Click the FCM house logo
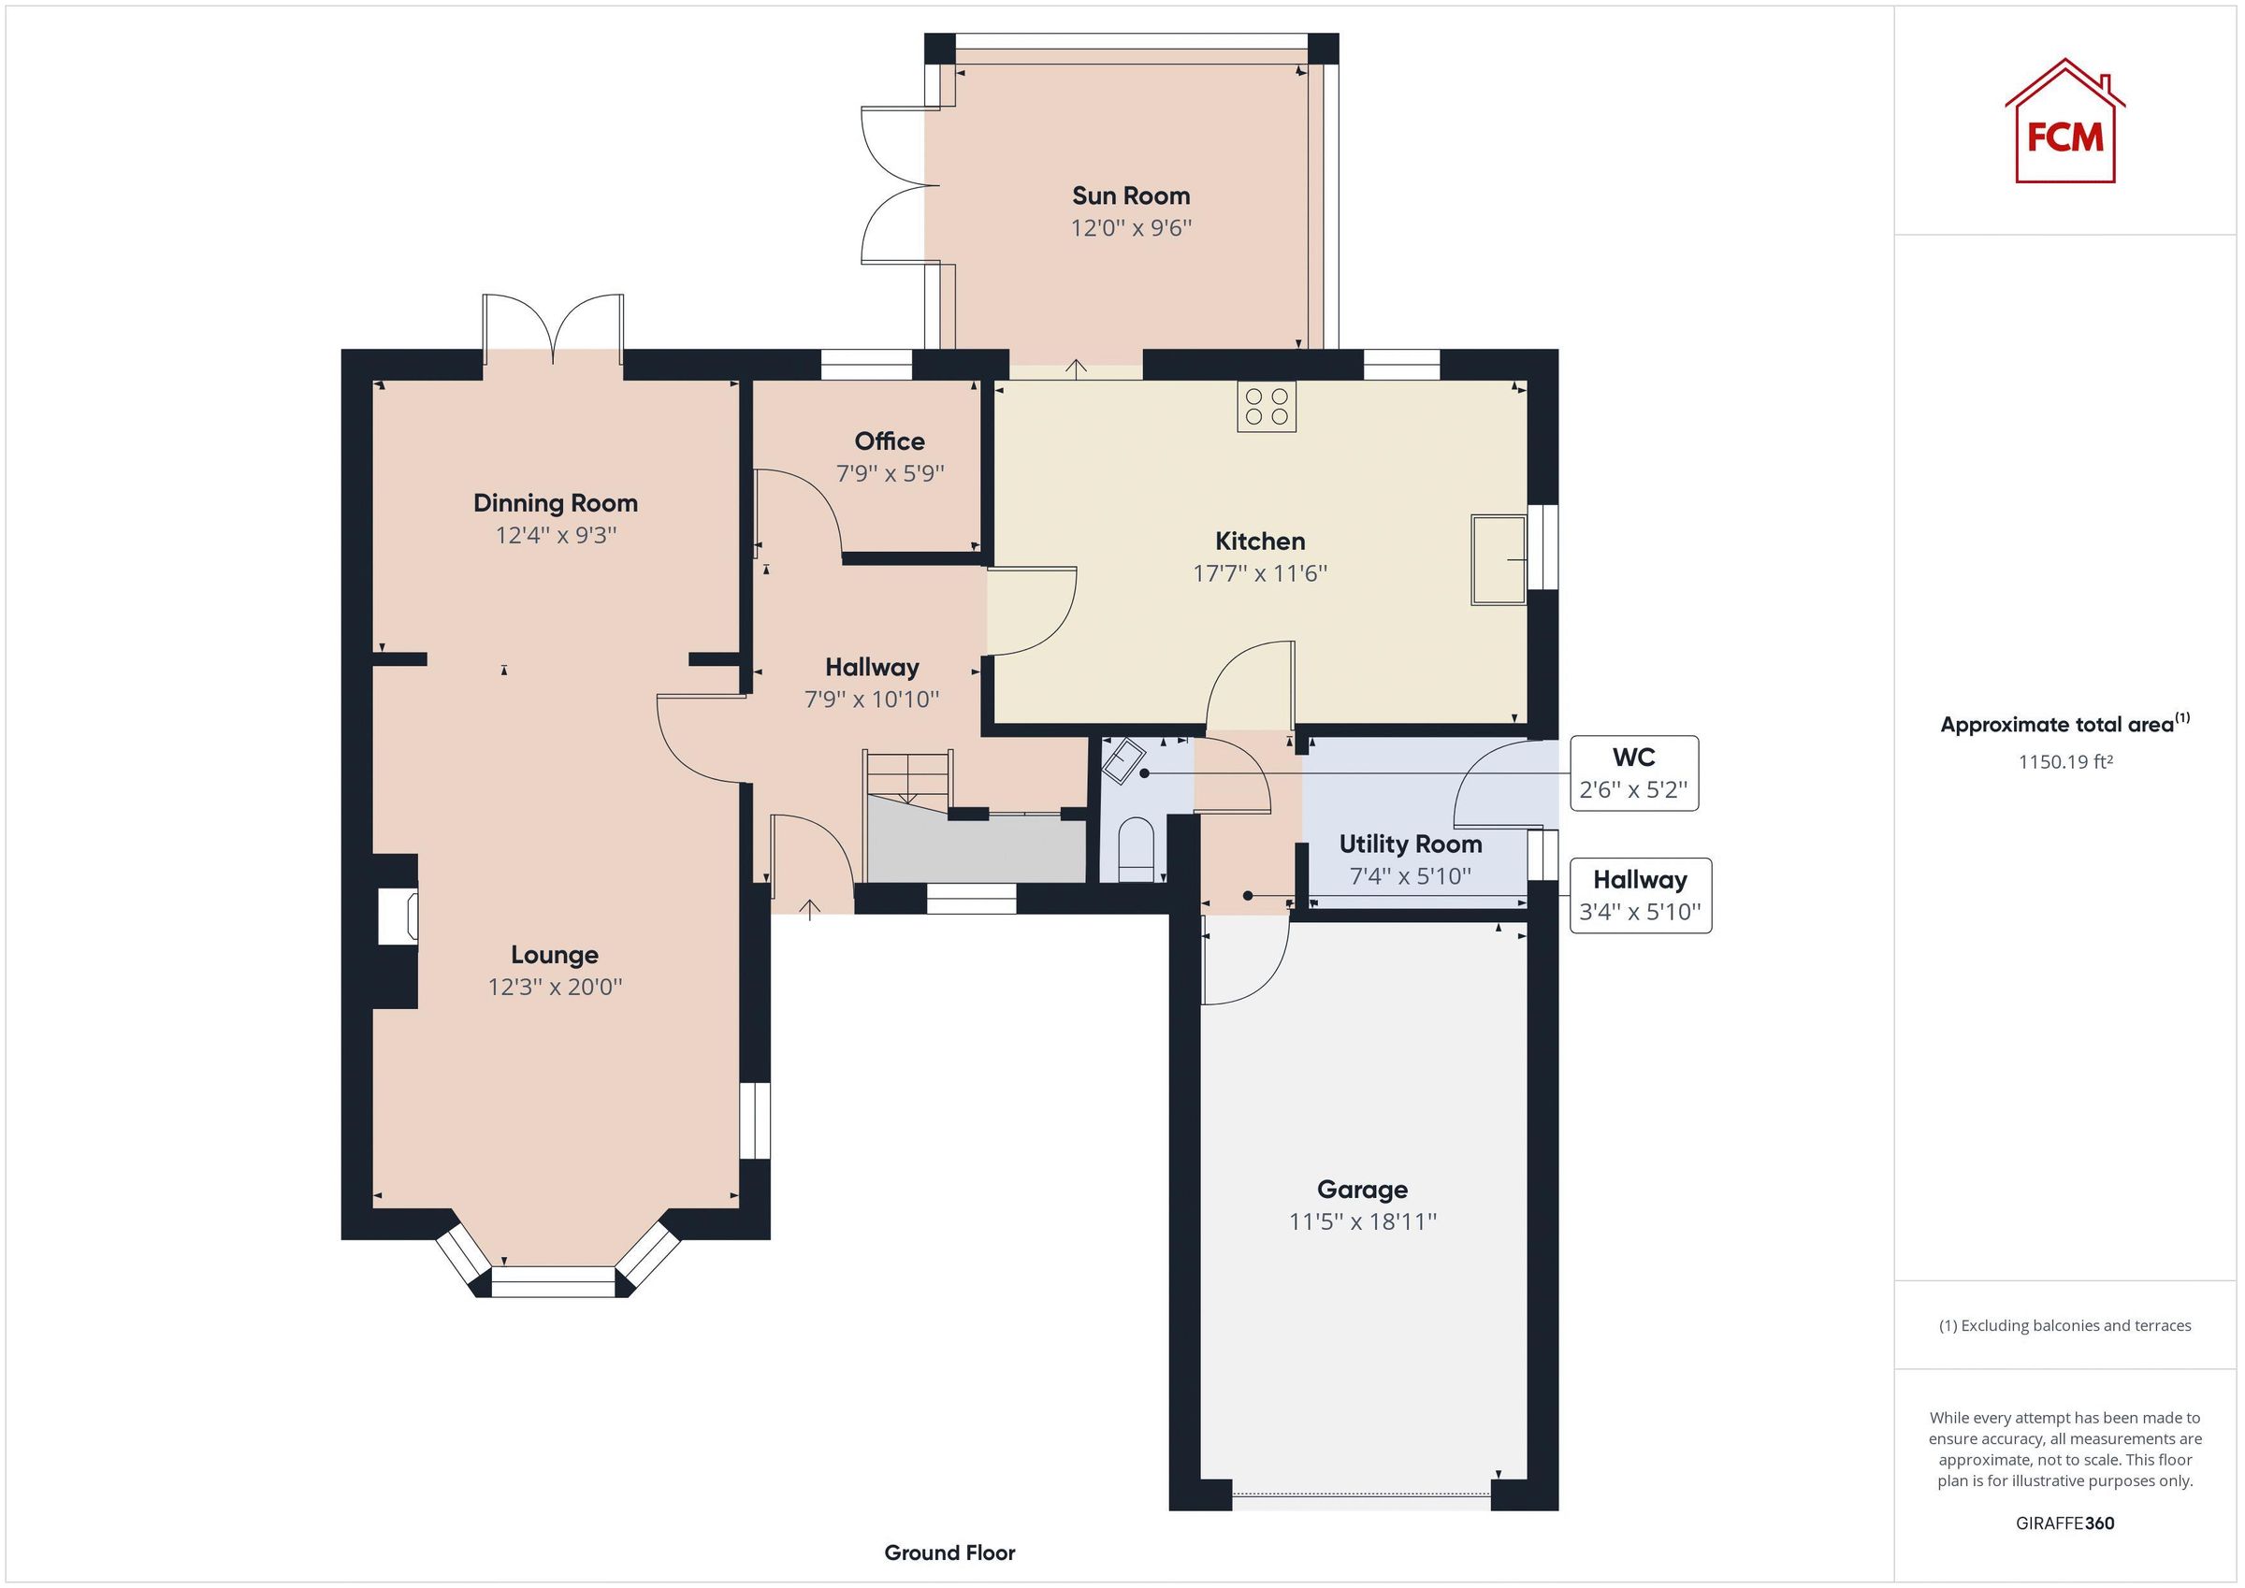point(2064,123)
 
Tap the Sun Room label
point(1130,195)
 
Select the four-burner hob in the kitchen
point(1267,407)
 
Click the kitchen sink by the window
point(1498,559)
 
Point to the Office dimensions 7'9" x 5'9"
point(890,473)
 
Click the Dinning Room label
point(556,502)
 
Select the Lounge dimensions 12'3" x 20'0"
point(555,987)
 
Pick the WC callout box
point(1633,772)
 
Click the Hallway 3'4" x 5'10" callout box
point(1640,896)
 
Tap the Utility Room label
point(1410,844)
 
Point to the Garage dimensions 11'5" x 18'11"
point(1362,1221)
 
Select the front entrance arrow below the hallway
point(810,910)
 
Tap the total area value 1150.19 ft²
point(2065,761)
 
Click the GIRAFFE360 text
point(2064,1523)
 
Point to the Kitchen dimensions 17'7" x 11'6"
point(1259,573)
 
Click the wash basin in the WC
point(1124,759)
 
